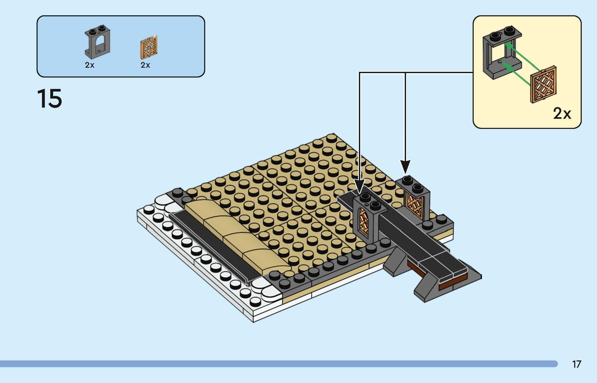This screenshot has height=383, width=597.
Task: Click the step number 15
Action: click(x=49, y=99)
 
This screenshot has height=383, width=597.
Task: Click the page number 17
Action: click(x=577, y=364)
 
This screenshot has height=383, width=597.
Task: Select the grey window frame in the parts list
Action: click(x=97, y=43)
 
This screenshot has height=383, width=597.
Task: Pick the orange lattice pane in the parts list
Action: click(x=149, y=47)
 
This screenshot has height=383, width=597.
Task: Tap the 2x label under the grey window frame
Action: click(x=89, y=65)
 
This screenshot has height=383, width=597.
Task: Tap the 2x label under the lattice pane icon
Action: click(x=145, y=65)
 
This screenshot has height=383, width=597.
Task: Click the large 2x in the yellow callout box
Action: click(x=562, y=114)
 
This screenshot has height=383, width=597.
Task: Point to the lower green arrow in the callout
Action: click(x=518, y=75)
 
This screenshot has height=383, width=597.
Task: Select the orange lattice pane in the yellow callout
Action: click(x=544, y=88)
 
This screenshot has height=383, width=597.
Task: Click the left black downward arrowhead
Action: click(x=359, y=187)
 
